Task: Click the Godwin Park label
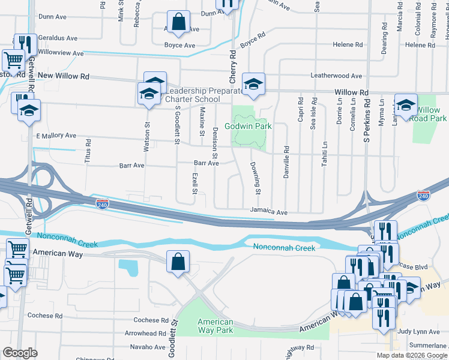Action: (249, 127)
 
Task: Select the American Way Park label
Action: (215, 326)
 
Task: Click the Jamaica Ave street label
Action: (269, 212)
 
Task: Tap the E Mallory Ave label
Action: (56, 136)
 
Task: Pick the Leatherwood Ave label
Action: (336, 76)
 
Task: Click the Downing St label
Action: (255, 178)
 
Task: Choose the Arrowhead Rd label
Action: (146, 334)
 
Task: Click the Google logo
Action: (20, 353)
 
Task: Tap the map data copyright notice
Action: (412, 355)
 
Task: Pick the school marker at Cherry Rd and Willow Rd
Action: (253, 85)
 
